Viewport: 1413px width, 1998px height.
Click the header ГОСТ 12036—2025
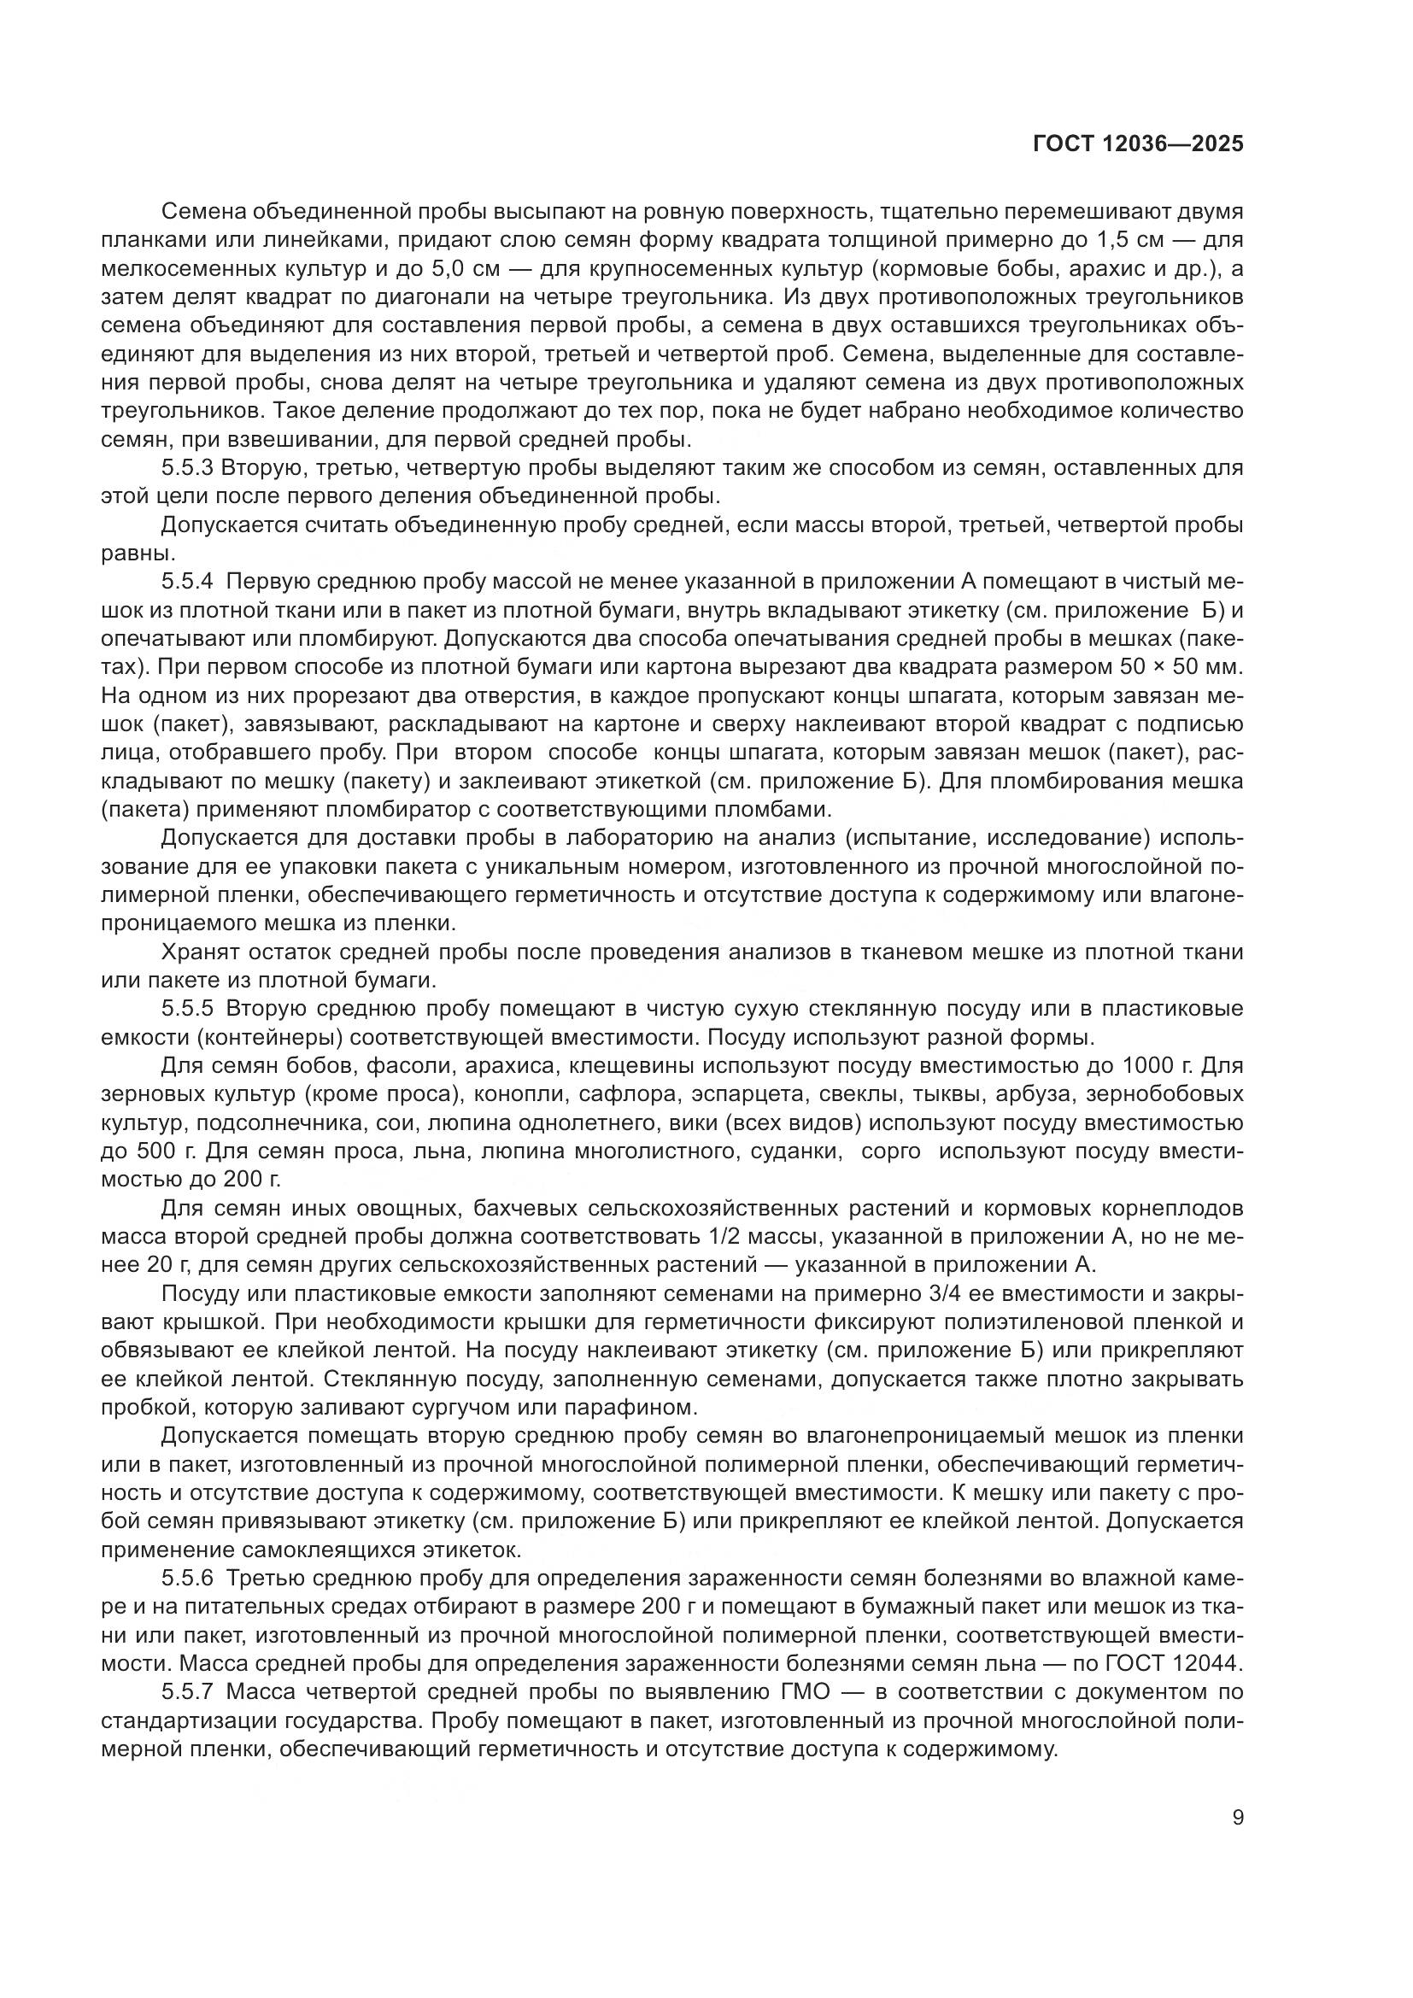pos(1138,144)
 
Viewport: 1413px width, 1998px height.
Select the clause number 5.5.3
pos(187,468)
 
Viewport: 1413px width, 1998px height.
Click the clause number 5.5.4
pos(187,582)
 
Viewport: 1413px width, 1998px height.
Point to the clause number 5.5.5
pos(187,1009)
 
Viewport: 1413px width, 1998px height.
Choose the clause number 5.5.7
pos(187,1692)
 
